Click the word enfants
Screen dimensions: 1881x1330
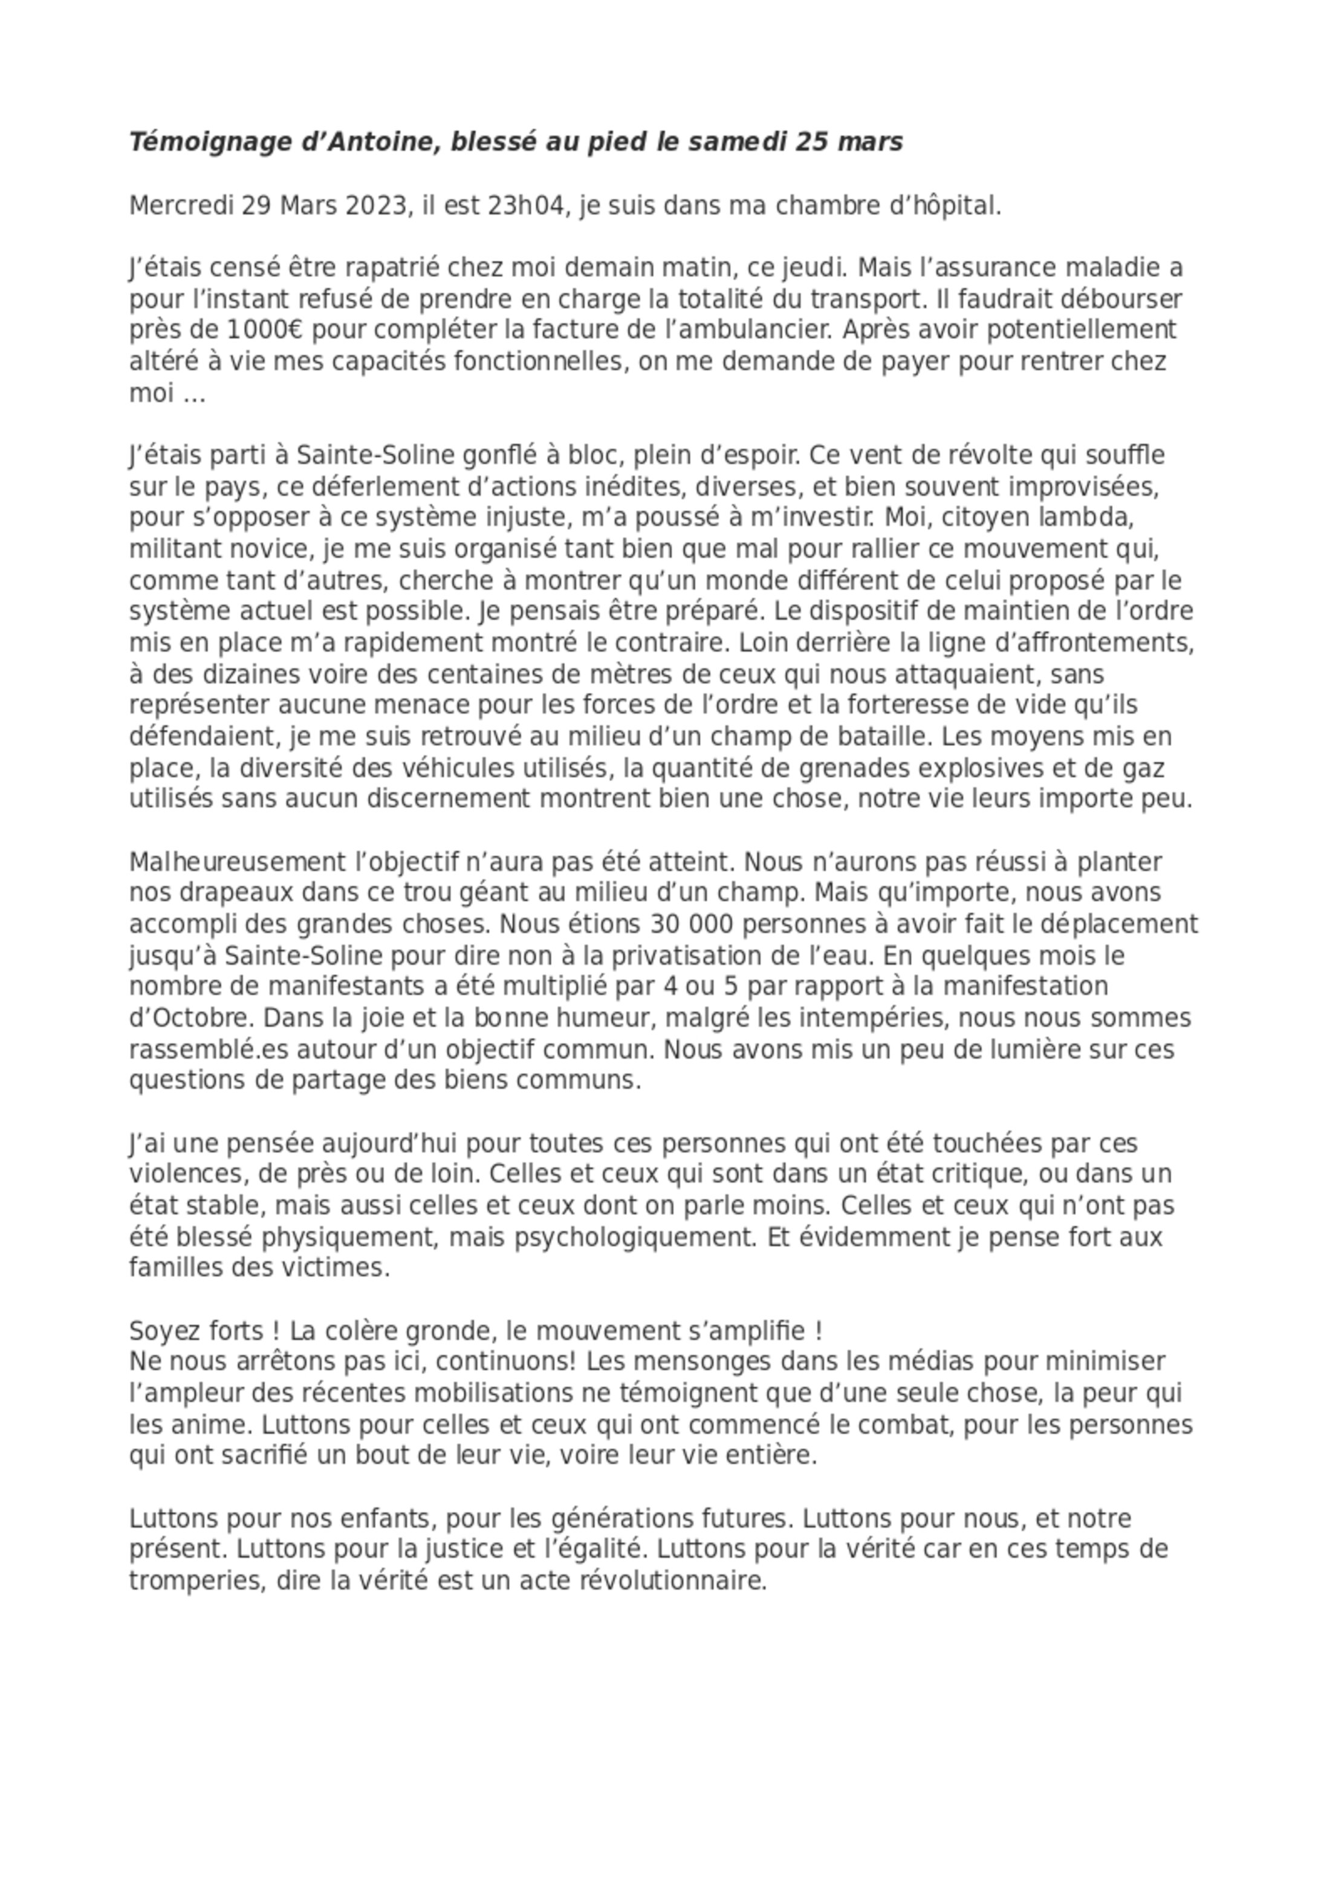tap(385, 1518)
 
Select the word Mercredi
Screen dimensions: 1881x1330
tap(181, 206)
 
